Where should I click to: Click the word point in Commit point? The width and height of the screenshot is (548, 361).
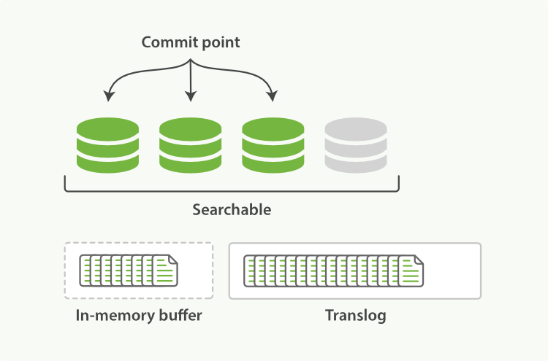219,43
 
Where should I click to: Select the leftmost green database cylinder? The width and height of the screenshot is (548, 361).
107,145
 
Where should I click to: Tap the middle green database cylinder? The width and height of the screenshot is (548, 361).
190,145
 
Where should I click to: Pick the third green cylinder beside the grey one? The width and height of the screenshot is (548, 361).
273,145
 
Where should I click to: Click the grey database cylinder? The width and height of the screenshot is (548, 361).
356,145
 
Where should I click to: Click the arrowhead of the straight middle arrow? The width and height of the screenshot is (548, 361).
191,97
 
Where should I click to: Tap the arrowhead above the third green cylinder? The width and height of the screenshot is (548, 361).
273,96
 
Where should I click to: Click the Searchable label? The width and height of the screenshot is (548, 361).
232,210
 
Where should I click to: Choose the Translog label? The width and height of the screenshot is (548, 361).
355,317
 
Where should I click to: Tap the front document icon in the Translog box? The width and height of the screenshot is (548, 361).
410,271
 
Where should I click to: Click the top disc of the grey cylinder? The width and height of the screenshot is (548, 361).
356,128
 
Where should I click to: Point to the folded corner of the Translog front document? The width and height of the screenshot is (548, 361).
419,260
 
